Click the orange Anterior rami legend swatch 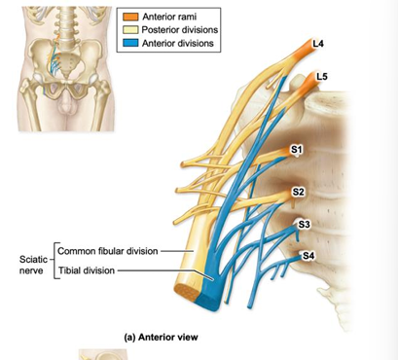[x=129, y=18]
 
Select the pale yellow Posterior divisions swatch [x=129, y=31]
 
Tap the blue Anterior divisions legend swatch [x=129, y=44]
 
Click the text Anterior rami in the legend [x=171, y=18]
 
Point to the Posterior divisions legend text [x=180, y=31]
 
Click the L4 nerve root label [x=318, y=45]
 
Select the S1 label [x=297, y=149]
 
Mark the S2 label [x=298, y=192]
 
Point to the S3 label [x=304, y=224]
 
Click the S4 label [x=308, y=255]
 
